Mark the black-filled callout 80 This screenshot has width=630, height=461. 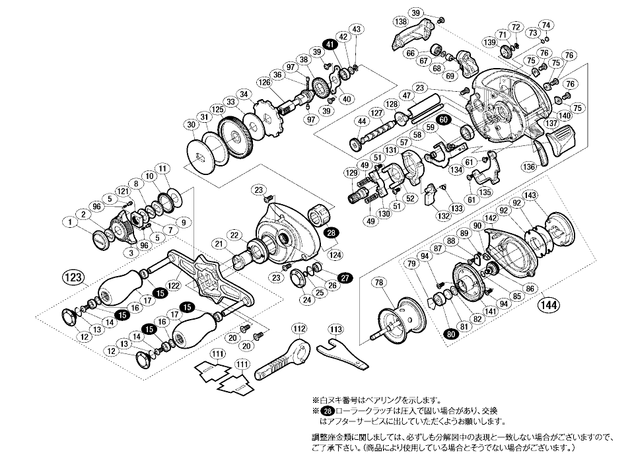449,333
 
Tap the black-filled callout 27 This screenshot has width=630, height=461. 345,277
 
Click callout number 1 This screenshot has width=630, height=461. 69,223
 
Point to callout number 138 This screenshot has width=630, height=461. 400,22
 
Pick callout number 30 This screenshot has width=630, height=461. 191,125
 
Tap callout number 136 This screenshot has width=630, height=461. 528,166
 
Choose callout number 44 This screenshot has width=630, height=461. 361,122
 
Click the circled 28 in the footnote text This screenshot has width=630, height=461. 323,410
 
